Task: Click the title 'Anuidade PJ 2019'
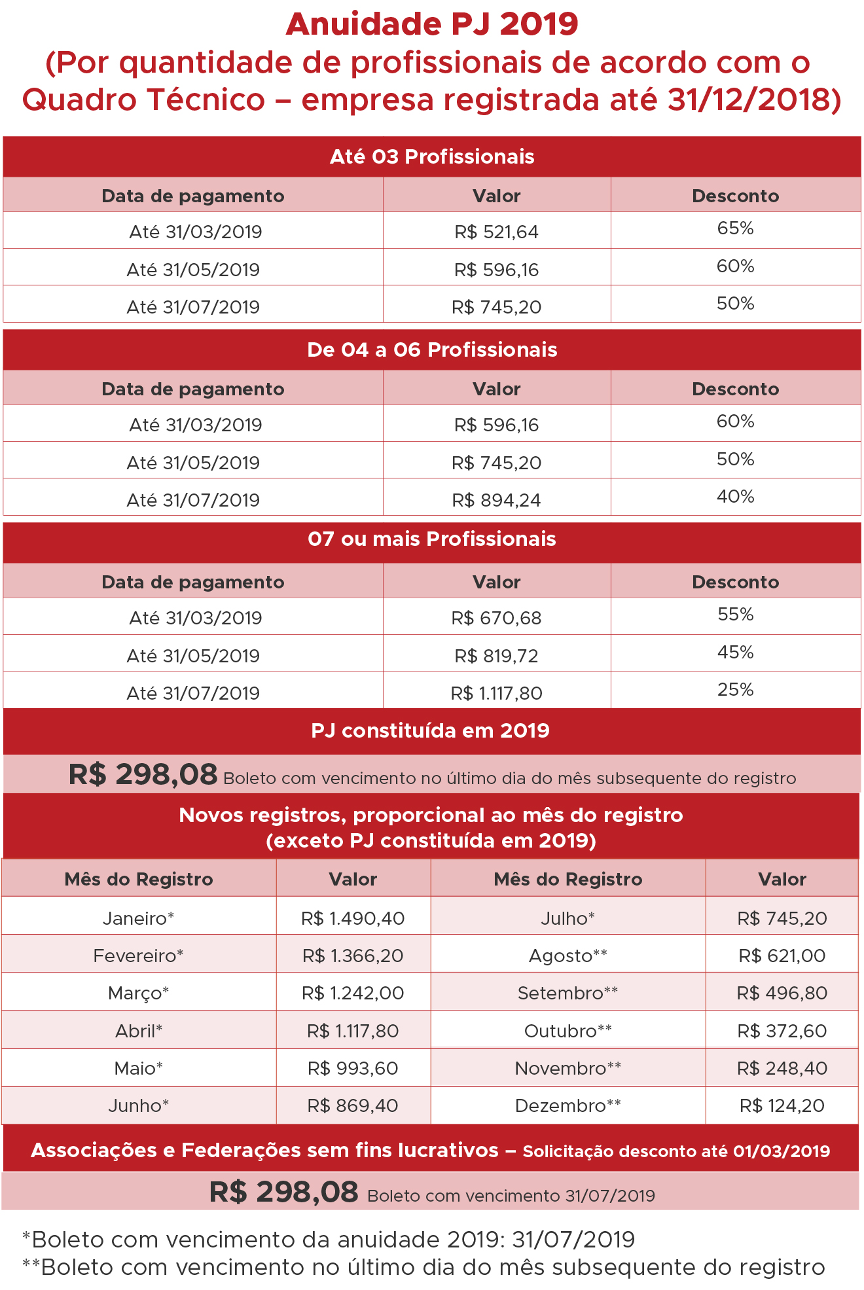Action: point(432,25)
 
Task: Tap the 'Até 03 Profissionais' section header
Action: point(432,157)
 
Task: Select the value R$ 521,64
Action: point(496,232)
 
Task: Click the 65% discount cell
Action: point(735,228)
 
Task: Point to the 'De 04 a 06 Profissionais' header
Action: point(432,350)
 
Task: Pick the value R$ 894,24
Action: point(496,500)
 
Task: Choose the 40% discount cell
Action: point(735,497)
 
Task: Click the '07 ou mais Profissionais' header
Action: point(432,539)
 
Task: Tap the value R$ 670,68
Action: point(496,618)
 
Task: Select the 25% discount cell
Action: point(735,690)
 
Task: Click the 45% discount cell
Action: point(735,653)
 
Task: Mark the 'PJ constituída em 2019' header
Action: point(430,731)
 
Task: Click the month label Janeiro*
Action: point(139,918)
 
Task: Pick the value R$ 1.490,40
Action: point(353,918)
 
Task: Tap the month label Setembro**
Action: point(567,994)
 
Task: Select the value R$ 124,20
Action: point(782,1106)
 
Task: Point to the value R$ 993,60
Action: point(353,1069)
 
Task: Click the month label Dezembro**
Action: point(567,1106)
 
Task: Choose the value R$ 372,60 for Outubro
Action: point(782,1031)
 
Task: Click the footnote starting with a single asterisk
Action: point(329,1240)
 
